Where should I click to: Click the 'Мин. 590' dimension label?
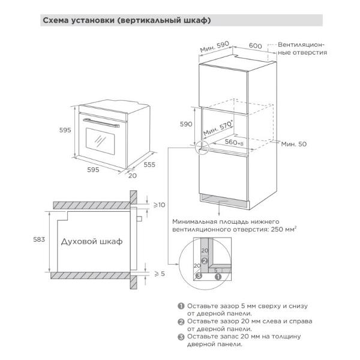coord(215,48)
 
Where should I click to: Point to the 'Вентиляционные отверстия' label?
coord(301,49)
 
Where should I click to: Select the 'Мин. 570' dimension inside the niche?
coord(218,127)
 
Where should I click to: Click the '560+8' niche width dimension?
coord(236,143)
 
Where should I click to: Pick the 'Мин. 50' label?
coord(294,145)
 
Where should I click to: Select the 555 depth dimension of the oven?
coord(150,164)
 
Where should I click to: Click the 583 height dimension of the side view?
coord(37,240)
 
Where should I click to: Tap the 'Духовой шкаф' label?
coord(91,241)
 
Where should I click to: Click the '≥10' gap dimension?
coord(159,205)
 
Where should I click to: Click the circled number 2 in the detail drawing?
coord(204,262)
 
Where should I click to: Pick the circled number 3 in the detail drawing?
coord(197,277)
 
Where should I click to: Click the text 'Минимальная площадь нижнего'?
coord(222,221)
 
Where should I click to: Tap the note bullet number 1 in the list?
coord(181,305)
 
